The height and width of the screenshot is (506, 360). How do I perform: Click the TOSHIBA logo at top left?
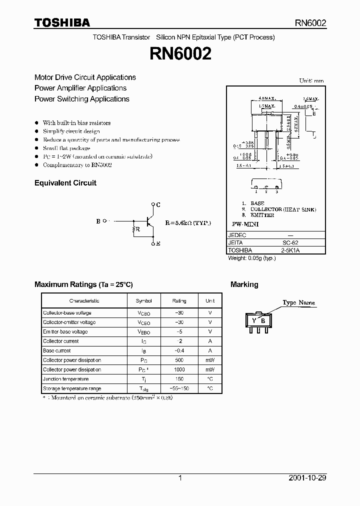tap(62, 22)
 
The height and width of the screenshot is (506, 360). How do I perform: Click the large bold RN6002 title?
tap(180, 54)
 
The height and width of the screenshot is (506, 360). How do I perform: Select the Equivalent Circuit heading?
tap(65, 183)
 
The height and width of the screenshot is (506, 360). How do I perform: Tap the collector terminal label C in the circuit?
tap(158, 204)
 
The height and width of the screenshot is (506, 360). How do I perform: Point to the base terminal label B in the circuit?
tap(98, 221)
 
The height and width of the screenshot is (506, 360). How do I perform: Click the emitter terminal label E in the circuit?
tap(158, 243)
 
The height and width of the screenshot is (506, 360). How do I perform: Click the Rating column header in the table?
tap(179, 301)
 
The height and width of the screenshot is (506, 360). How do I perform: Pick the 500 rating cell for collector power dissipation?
tap(179, 360)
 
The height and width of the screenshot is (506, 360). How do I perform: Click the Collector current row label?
tap(60, 341)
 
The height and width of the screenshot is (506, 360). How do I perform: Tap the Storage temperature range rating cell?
tap(179, 388)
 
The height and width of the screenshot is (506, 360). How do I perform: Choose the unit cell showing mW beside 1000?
tap(210, 369)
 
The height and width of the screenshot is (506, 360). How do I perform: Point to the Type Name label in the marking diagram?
tap(298, 302)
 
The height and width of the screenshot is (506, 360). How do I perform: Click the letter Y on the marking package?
tap(254, 320)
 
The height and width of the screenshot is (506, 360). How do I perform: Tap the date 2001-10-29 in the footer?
tap(307, 478)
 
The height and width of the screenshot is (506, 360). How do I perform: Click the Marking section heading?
tap(244, 284)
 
